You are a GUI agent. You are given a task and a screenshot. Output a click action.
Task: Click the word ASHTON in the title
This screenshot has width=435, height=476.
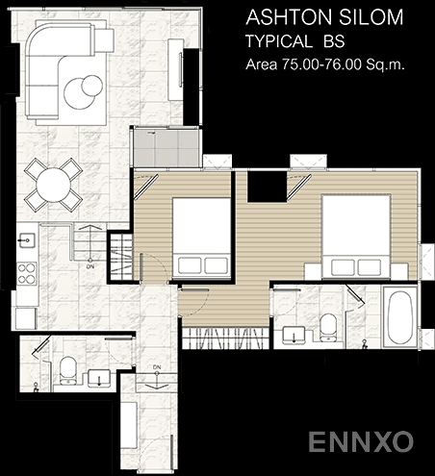290,17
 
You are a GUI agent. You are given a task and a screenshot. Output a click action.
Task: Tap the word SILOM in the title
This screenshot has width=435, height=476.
371,17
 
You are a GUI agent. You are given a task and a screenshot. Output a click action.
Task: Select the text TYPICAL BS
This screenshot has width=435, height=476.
295,41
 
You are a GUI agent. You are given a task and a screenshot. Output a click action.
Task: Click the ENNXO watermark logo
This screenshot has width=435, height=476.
361,441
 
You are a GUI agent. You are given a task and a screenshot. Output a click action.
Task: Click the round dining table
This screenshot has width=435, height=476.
54,185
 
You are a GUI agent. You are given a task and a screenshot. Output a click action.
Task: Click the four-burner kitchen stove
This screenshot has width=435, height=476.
27,273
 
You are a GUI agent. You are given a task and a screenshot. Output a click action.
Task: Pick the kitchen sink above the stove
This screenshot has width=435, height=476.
27,239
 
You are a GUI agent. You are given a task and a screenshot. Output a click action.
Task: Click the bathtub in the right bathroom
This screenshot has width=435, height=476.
399,317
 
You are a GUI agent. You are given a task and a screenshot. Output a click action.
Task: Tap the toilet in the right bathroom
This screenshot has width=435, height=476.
327,327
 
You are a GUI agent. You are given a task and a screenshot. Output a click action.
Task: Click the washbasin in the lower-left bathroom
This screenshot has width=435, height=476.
99,378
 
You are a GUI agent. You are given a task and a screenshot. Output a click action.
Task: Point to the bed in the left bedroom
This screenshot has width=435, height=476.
201,238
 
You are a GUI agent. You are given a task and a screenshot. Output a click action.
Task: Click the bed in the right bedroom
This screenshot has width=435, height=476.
356,237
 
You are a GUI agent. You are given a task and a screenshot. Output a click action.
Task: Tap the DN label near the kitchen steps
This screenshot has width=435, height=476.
90,266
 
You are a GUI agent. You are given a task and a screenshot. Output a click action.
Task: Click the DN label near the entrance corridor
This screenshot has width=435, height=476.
157,367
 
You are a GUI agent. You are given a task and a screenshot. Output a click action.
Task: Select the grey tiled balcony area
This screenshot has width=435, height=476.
166,147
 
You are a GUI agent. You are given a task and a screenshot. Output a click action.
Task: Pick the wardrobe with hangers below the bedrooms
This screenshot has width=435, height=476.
224,338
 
